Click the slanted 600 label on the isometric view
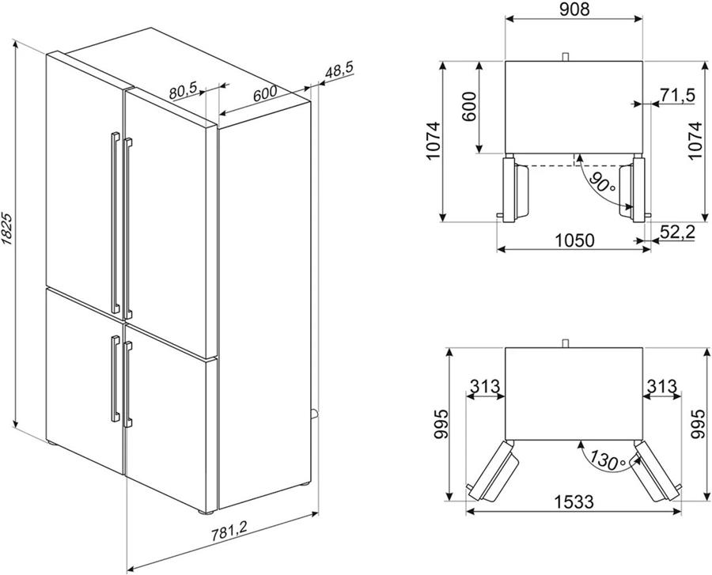coord(265,93)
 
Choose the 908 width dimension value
coord(574,9)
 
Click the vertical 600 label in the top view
coord(469,106)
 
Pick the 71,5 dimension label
coord(677,95)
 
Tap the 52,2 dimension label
coord(677,232)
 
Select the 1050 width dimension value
coord(574,240)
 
